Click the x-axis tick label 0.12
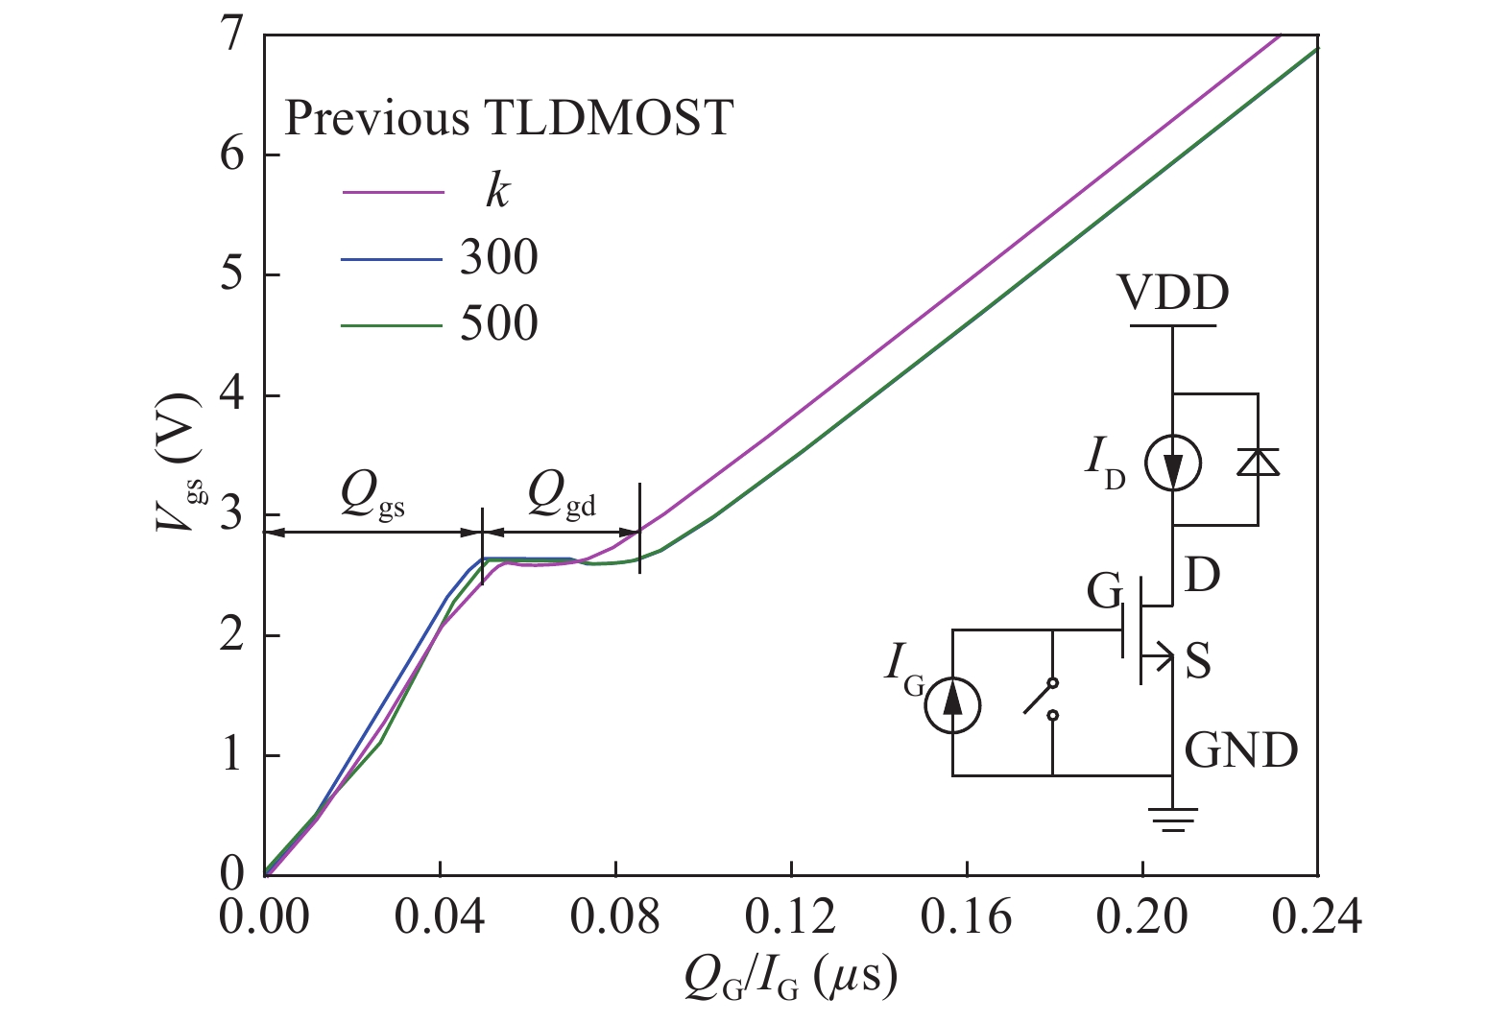click(x=790, y=917)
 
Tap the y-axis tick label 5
click(x=232, y=275)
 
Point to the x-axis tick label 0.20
click(x=1141, y=917)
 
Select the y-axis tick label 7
click(x=232, y=36)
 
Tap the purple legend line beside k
click(x=393, y=193)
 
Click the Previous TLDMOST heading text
click(x=509, y=119)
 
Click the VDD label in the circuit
click(x=1173, y=294)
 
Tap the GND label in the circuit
click(x=1240, y=750)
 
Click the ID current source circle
click(x=1172, y=463)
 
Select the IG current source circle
click(x=952, y=705)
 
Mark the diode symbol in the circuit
click(x=1258, y=463)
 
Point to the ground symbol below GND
click(x=1172, y=818)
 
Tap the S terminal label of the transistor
click(x=1197, y=662)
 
